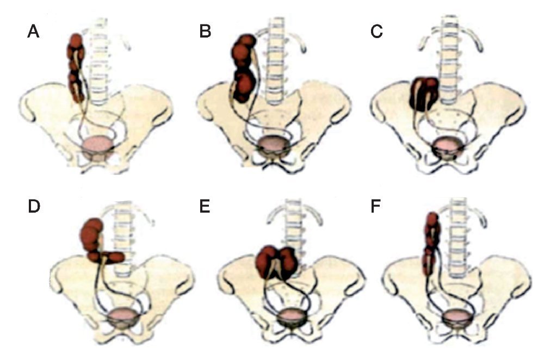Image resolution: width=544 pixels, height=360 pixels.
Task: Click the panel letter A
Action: (x=33, y=32)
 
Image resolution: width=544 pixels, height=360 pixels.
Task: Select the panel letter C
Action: (x=376, y=32)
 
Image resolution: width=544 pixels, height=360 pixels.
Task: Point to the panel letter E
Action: (x=205, y=208)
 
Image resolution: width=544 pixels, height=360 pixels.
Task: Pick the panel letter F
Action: (x=376, y=208)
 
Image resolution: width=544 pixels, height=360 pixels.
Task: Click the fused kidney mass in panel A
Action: (x=77, y=68)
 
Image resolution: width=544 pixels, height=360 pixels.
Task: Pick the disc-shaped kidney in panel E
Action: (x=275, y=260)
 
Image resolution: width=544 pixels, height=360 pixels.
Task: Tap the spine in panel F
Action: (x=456, y=239)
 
